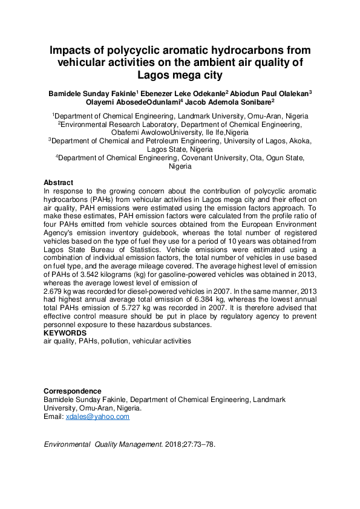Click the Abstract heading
pos(58,183)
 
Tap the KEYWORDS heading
pos(65,332)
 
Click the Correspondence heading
pos(72,391)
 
